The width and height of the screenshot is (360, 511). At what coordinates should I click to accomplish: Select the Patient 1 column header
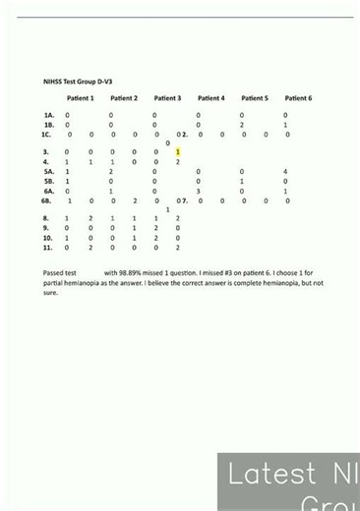pyautogui.click(x=80, y=98)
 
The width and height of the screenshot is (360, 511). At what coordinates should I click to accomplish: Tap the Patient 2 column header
pyautogui.click(x=124, y=98)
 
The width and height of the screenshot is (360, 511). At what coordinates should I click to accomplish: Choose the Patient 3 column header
pyautogui.click(x=167, y=98)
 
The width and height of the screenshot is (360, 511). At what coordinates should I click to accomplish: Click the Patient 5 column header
pyautogui.click(x=254, y=98)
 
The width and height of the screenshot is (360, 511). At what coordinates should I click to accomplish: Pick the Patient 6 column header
pyautogui.click(x=298, y=98)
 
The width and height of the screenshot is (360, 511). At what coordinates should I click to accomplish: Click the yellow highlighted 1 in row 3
pyautogui.click(x=178, y=152)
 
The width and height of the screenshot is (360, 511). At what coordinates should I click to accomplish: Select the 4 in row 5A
pyautogui.click(x=285, y=172)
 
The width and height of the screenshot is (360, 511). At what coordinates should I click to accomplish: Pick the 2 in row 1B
pyautogui.click(x=242, y=125)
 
